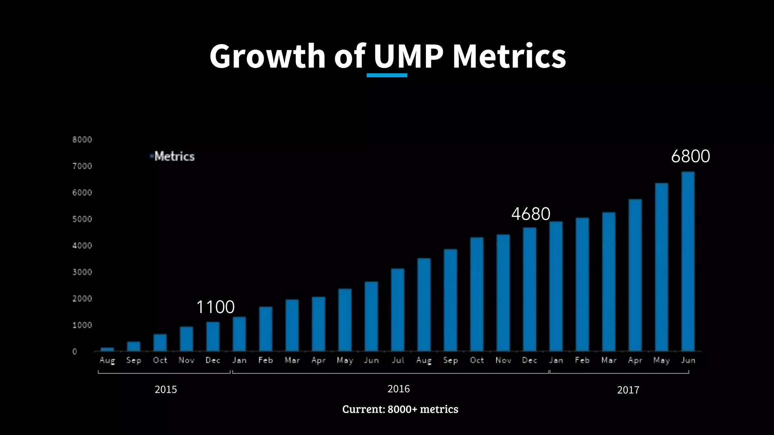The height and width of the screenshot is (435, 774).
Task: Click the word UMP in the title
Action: [x=409, y=56]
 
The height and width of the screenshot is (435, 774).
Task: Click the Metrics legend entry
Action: [x=174, y=156]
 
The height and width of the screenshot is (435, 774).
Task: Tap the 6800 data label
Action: [x=690, y=156]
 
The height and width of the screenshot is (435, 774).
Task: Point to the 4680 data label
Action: [x=531, y=214]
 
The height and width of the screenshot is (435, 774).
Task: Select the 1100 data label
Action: [x=215, y=307]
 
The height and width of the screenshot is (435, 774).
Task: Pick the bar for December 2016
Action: [x=529, y=289]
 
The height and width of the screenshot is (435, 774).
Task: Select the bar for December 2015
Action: [x=213, y=336]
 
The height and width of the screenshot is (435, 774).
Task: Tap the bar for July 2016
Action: [x=398, y=310]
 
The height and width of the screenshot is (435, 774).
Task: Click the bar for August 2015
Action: [x=107, y=349]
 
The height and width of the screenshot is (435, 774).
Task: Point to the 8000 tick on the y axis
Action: [x=82, y=140]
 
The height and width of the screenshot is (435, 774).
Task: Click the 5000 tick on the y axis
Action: [x=82, y=219]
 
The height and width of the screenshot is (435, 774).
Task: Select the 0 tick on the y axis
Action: [x=75, y=352]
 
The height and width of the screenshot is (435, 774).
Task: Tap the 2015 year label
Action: [x=166, y=390]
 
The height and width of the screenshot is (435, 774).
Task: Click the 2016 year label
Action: [x=398, y=389]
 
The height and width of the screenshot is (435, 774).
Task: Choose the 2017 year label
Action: [x=628, y=390]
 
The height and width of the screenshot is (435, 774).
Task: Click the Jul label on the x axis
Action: [x=398, y=360]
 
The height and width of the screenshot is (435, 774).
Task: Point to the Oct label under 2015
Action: [x=160, y=360]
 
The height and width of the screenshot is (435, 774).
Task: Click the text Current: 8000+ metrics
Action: [x=400, y=409]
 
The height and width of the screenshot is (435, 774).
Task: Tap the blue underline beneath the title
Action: [x=387, y=75]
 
